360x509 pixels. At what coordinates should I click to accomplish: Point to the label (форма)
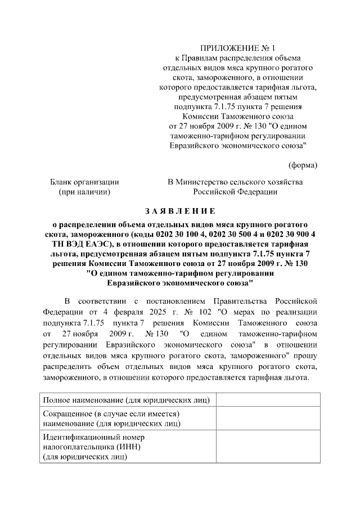click(x=303, y=165)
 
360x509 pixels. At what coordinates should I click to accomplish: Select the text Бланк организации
click(x=84, y=182)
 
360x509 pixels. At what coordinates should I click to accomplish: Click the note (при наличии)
click(x=84, y=192)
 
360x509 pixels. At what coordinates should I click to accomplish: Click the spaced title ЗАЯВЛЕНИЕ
click(x=179, y=211)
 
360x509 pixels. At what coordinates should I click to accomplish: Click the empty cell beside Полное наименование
click(x=268, y=399)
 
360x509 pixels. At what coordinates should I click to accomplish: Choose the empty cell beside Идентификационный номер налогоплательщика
click(x=268, y=447)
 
